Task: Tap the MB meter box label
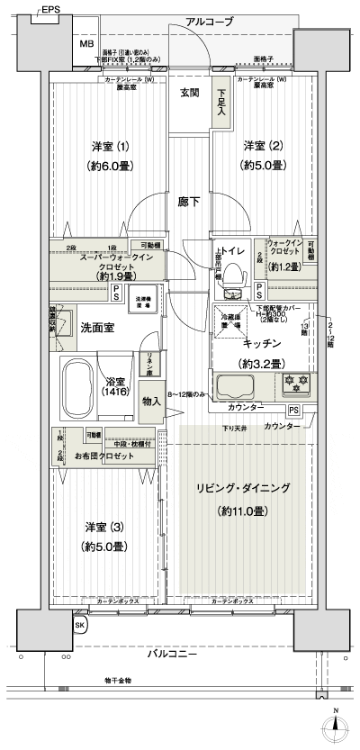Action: (x=87, y=43)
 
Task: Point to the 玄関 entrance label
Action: (x=189, y=93)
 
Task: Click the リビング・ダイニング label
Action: (x=243, y=488)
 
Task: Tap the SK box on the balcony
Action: (x=79, y=624)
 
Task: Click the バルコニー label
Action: (x=171, y=655)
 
